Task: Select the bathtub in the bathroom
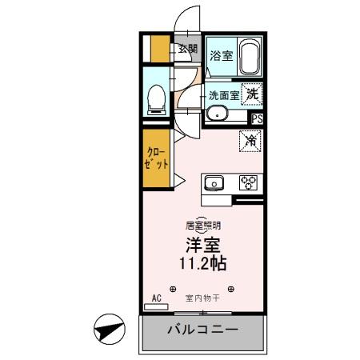250,56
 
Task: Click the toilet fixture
158,97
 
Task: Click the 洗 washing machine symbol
252,93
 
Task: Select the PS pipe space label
256,119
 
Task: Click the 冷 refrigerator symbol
250,141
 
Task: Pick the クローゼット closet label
156,158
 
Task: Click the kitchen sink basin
215,183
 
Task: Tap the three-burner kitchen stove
249,183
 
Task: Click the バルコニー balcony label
202,330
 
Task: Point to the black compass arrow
109,329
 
